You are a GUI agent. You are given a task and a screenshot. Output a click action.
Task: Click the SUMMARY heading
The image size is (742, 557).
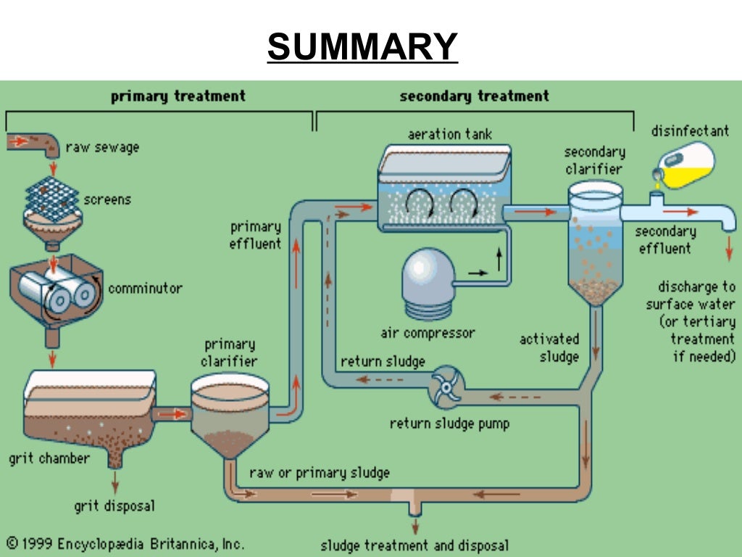[362, 47]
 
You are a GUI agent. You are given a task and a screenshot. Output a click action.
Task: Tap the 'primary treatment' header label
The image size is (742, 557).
[178, 96]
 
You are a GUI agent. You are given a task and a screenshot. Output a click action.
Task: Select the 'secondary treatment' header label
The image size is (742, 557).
[474, 96]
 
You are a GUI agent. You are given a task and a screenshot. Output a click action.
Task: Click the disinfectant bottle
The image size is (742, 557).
[685, 165]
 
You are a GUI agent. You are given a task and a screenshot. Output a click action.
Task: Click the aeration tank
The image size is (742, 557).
[444, 189]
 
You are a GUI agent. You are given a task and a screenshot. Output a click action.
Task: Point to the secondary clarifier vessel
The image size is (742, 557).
[595, 239]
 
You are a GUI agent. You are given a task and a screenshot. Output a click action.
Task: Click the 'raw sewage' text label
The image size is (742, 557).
[102, 147]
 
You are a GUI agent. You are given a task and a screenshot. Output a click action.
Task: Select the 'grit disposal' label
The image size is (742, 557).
[114, 506]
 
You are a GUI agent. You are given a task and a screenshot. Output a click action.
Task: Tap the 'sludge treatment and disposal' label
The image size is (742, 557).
[414, 545]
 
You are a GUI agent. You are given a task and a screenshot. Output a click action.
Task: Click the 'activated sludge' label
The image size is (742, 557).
[549, 347]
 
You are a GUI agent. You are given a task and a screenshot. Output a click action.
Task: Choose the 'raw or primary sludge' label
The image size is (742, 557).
[319, 473]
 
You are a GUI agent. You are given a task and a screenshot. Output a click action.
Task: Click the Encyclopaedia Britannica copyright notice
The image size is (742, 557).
[125, 543]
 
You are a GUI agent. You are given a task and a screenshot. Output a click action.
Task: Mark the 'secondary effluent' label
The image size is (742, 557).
[665, 240]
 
